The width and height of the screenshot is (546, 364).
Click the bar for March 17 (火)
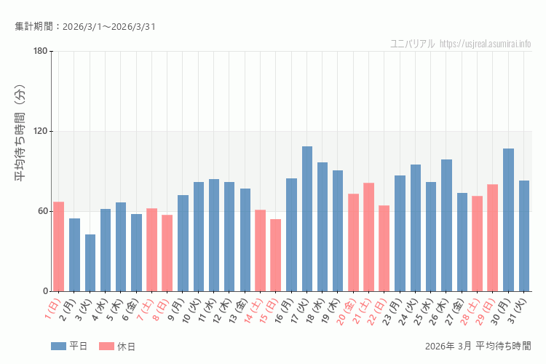click(x=307, y=218)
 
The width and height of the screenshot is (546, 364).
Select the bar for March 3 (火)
click(x=90, y=263)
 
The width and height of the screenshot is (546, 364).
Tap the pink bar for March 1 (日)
click(x=59, y=246)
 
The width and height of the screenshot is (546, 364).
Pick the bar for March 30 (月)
click(x=508, y=220)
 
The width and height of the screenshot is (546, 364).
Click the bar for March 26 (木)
click(x=446, y=225)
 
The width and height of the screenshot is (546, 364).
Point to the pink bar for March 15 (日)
click(x=276, y=255)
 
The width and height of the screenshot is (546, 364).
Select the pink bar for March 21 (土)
click(x=369, y=237)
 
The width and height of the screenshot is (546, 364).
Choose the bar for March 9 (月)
click(x=183, y=243)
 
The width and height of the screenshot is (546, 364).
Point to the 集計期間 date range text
click(x=85, y=27)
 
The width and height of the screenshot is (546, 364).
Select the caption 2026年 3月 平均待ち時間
click(x=478, y=346)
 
